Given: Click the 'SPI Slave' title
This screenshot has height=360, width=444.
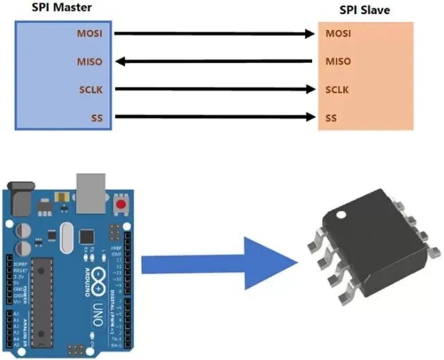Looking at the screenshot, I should coord(364,10).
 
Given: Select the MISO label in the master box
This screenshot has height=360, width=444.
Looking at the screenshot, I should coord(90,62).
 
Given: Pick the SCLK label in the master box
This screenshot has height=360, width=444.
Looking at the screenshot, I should coord(91,89).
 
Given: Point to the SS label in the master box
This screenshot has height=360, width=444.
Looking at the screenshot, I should coord(96,117).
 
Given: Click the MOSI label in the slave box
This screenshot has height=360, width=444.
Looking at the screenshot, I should coord(338,33).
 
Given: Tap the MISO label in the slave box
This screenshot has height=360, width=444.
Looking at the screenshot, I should coord(338,62).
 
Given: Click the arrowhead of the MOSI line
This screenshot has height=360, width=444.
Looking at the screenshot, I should coord(312,33).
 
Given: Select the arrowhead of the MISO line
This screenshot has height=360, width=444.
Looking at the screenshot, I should coord(119,62).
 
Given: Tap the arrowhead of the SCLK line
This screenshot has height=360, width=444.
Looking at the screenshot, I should coord(312,89).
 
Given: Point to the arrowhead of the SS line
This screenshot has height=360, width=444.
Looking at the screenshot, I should coord(312,117).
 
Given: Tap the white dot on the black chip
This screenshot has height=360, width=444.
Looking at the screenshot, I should coord(341,216).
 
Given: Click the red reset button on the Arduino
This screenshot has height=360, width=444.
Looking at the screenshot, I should coord(123,205).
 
